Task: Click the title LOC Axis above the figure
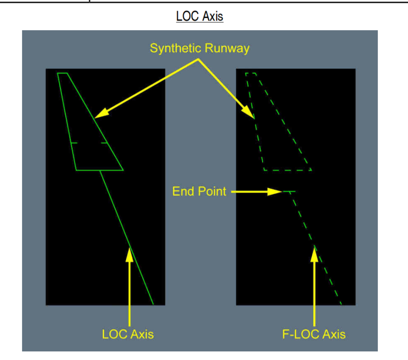199,16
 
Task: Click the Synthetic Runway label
199,48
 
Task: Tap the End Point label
199,192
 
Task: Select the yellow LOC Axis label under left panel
128,334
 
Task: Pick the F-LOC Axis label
314,334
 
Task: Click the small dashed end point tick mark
289,192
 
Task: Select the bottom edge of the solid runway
100,170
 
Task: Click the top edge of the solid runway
62,73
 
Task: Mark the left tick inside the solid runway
73,143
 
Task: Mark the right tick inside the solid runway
104,143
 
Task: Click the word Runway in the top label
229,48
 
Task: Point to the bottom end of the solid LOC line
153,304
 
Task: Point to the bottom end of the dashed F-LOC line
341,304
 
